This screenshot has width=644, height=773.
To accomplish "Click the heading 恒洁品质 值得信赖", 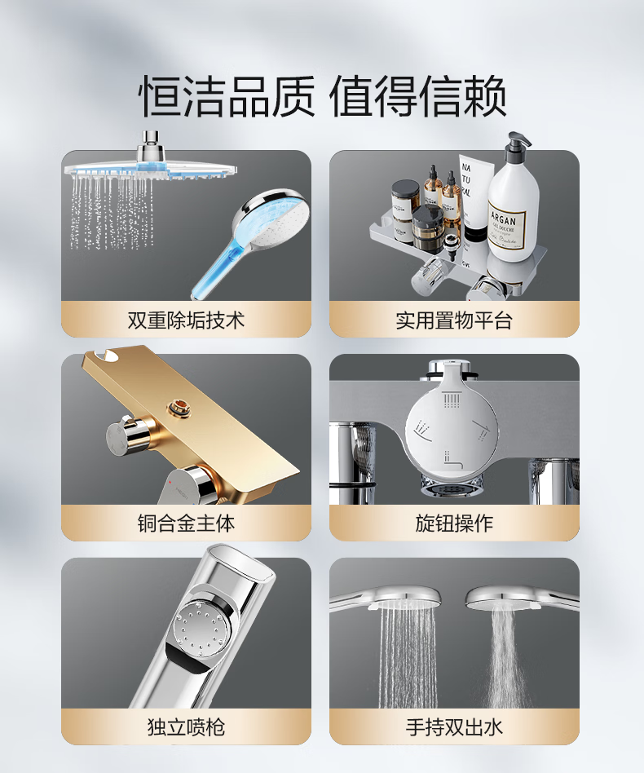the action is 324,96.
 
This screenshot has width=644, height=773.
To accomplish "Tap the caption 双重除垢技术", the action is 186,320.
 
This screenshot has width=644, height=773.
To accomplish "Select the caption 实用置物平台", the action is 454,320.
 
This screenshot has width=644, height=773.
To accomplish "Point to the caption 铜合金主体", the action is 186,523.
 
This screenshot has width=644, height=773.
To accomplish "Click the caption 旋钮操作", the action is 454,523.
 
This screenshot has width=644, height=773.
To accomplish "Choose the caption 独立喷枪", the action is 186,727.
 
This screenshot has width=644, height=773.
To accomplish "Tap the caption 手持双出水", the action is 454,727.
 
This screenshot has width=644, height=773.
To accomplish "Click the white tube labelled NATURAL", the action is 475,197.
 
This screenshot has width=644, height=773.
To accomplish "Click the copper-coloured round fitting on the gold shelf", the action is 175,408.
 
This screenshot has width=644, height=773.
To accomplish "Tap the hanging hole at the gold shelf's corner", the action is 109,355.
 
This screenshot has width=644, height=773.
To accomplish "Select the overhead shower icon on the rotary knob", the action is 452,400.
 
